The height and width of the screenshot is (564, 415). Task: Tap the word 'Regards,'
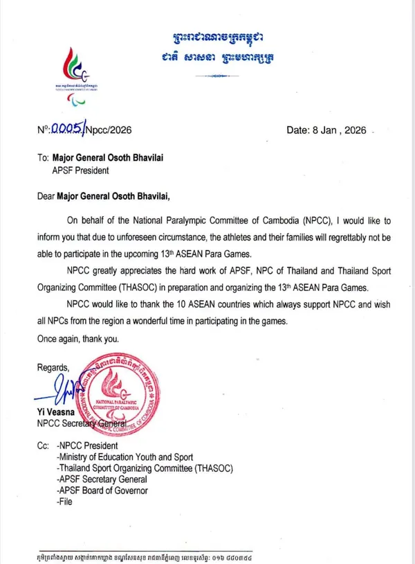point(54,369)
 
